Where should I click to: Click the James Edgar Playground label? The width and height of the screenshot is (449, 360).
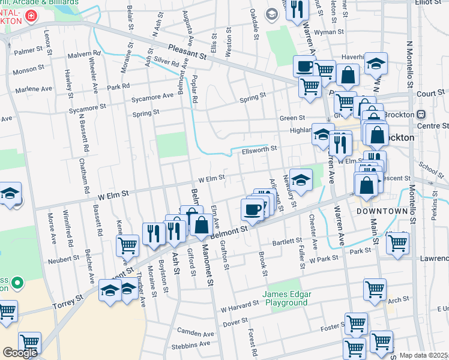click(285, 298)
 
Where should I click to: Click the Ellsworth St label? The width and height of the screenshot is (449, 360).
click(259, 148)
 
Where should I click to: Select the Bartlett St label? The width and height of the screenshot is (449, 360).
click(286, 241)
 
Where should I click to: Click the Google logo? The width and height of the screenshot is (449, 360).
click(20, 353)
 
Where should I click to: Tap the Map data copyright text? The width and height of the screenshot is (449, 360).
click(423, 355)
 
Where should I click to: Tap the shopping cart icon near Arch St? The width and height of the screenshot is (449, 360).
click(375, 289)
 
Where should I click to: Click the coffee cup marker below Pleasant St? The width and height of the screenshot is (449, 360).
click(304, 66)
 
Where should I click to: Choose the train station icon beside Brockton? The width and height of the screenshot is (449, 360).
click(421, 114)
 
